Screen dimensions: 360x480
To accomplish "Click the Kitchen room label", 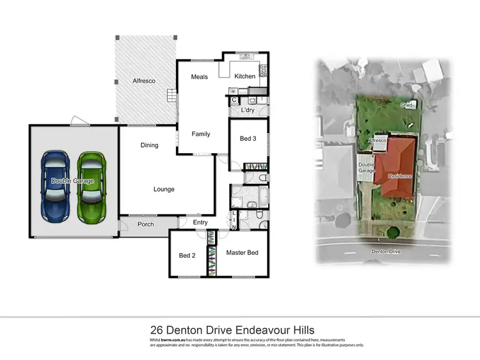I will [x=244, y=76].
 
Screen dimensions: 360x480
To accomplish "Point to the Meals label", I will [x=200, y=76].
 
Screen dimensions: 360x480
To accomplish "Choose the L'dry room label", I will [x=248, y=110].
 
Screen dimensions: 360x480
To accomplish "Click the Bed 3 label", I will [x=248, y=138].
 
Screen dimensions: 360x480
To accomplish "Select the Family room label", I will [x=201, y=134].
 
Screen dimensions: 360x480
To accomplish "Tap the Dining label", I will [x=149, y=145].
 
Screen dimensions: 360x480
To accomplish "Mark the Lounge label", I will [x=164, y=189].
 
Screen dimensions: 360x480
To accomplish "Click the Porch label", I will [x=145, y=224].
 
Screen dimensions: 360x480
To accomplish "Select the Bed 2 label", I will [x=186, y=256].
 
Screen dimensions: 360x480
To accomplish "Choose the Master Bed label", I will [x=243, y=253].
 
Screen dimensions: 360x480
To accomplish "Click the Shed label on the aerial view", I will [x=406, y=104].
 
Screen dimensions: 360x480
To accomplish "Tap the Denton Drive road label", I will [x=385, y=252].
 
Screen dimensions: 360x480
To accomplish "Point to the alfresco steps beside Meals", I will [x=171, y=97].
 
